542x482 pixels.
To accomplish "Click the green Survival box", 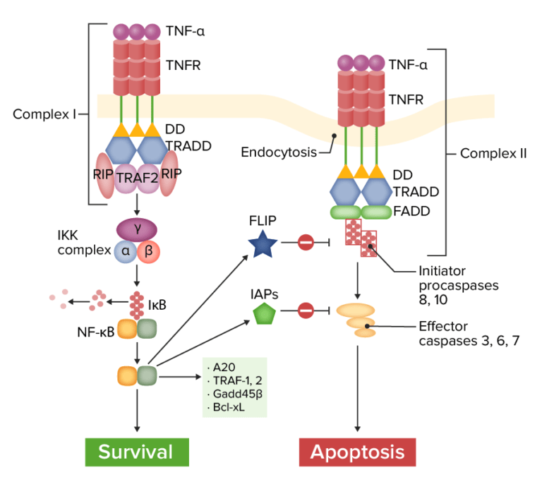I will [137, 452].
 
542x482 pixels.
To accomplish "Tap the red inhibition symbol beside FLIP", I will [305, 244].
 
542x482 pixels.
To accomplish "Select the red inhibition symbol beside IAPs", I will [305, 310].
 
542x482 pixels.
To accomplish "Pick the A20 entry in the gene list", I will [219, 366].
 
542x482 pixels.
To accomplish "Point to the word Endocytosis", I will [278, 152].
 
